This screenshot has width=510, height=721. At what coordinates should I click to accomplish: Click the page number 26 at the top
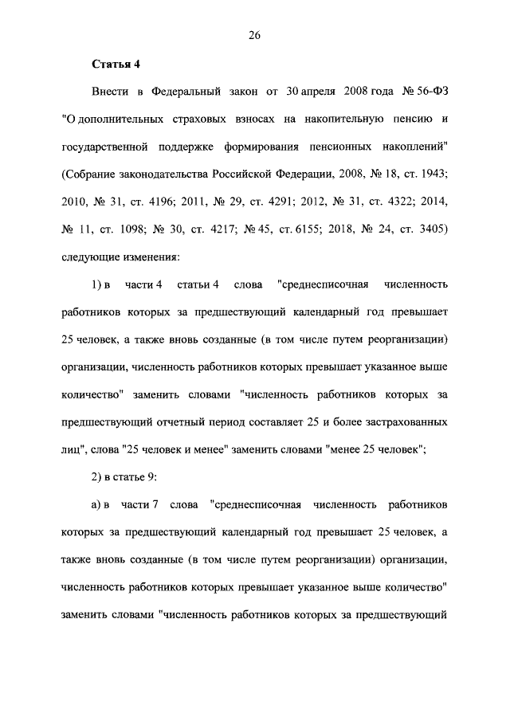pos(254,35)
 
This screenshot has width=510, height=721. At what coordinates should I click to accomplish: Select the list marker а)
pos(98,505)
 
